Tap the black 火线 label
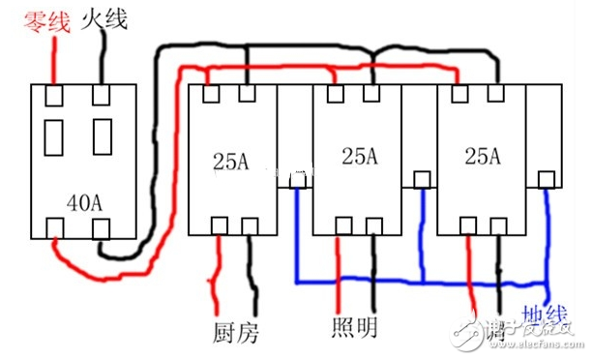(107, 18)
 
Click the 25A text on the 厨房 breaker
(230, 161)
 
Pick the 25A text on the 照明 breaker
(358, 155)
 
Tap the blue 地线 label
(544, 318)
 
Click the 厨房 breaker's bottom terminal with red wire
(220, 226)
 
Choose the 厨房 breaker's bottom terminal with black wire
(251, 226)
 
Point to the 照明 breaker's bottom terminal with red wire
(338, 225)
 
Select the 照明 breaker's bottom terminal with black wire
(371, 225)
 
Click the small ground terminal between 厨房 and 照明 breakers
(297, 179)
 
